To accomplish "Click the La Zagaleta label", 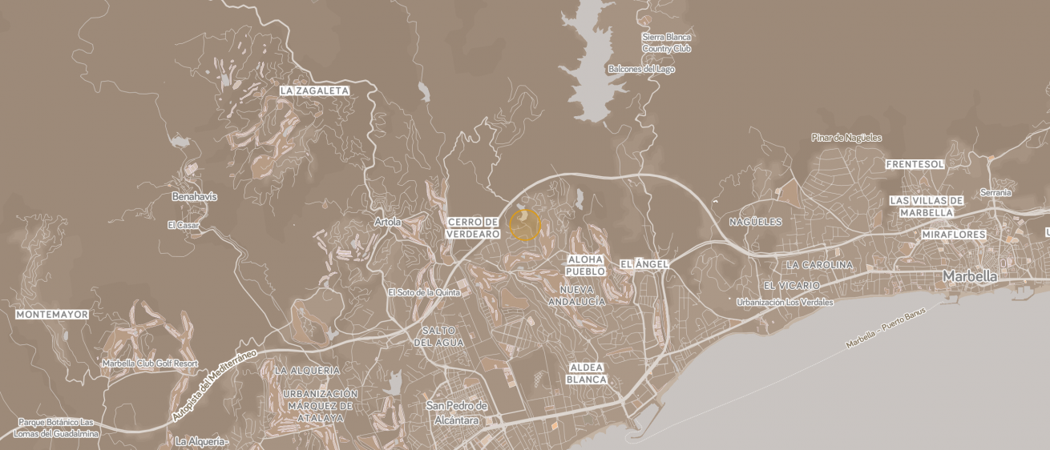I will (x=314, y=91).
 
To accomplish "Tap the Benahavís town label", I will (x=194, y=196).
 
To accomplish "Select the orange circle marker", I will (x=525, y=225).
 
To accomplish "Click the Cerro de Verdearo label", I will (x=473, y=227).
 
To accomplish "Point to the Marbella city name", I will (x=970, y=276).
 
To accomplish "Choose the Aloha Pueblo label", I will (x=586, y=265).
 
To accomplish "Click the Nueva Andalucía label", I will (x=576, y=295).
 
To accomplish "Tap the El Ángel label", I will (x=638, y=263).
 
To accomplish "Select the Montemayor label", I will (x=52, y=315).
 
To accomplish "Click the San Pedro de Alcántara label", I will (x=458, y=412).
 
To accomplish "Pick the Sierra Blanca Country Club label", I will (x=666, y=42).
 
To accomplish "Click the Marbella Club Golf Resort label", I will (x=150, y=363).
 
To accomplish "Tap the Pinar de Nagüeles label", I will (x=846, y=138).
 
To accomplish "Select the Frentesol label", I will (x=915, y=164).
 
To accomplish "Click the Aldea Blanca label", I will (x=586, y=372).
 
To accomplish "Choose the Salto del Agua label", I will (x=438, y=336).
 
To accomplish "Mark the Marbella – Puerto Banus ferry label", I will (x=886, y=327).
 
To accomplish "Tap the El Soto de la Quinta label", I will (x=424, y=292).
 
